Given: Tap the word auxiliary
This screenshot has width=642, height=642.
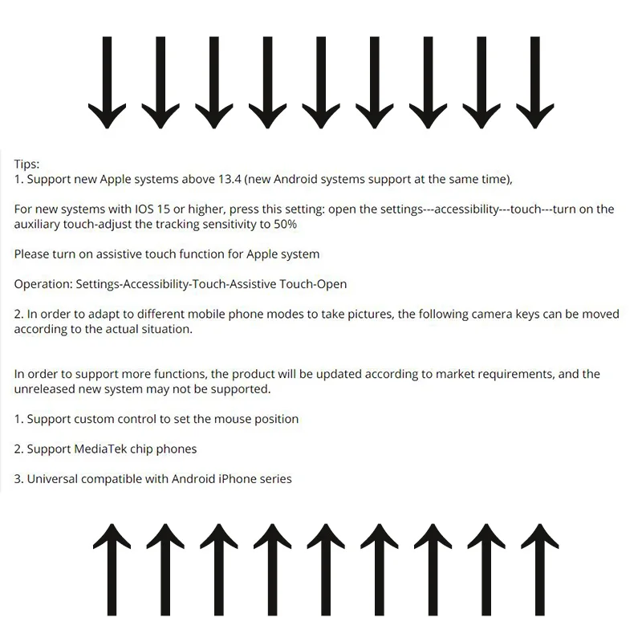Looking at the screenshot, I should [39, 224].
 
